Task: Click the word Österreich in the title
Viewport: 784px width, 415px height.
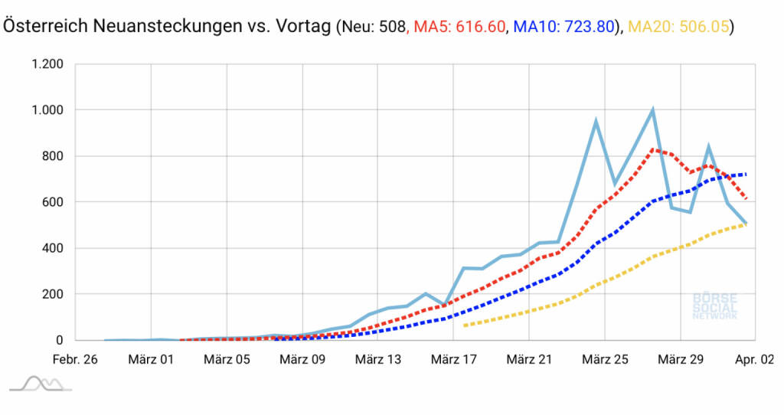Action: tap(46, 27)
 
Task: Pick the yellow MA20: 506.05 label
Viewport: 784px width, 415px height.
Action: tap(678, 27)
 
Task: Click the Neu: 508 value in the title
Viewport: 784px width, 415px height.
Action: tap(373, 27)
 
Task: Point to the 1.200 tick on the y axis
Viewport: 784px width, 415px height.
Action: tap(47, 64)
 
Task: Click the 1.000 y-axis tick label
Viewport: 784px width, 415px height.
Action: tap(47, 110)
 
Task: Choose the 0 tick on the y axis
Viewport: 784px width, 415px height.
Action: tap(59, 340)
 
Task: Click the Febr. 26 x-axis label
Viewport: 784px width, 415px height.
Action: tap(74, 359)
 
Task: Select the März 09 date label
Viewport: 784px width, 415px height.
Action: tap(302, 359)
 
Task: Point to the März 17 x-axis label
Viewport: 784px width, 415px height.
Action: tap(455, 359)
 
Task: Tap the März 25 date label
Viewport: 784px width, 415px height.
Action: tap(606, 359)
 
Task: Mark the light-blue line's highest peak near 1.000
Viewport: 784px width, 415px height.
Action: tap(652, 110)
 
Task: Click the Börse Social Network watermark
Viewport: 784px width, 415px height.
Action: tap(714, 305)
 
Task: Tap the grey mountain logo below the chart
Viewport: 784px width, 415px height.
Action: tap(40, 384)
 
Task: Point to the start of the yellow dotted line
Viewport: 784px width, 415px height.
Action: tap(465, 325)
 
